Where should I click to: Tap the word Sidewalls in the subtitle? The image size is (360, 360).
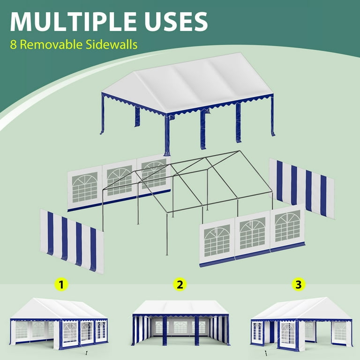tap(112, 45)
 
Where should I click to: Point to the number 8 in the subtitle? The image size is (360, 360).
tap(13, 45)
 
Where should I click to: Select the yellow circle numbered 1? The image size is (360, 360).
tap(61, 285)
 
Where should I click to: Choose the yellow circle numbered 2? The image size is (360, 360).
tap(180, 285)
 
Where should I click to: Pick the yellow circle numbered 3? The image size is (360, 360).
tap(299, 285)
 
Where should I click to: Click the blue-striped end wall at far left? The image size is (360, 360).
tap(72, 241)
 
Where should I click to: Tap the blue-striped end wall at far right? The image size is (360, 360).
tap(302, 188)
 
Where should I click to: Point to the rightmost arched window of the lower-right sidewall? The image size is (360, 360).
tap(287, 225)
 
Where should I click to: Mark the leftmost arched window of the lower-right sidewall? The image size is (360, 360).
tap(217, 240)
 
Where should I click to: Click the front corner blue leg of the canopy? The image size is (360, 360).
tap(167, 135)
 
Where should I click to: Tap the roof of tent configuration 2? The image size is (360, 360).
tap(180, 307)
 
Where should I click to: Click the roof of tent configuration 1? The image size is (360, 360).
tap(59, 308)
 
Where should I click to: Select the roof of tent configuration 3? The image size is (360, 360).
tap(301, 308)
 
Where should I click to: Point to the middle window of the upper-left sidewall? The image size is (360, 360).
tap(120, 180)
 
